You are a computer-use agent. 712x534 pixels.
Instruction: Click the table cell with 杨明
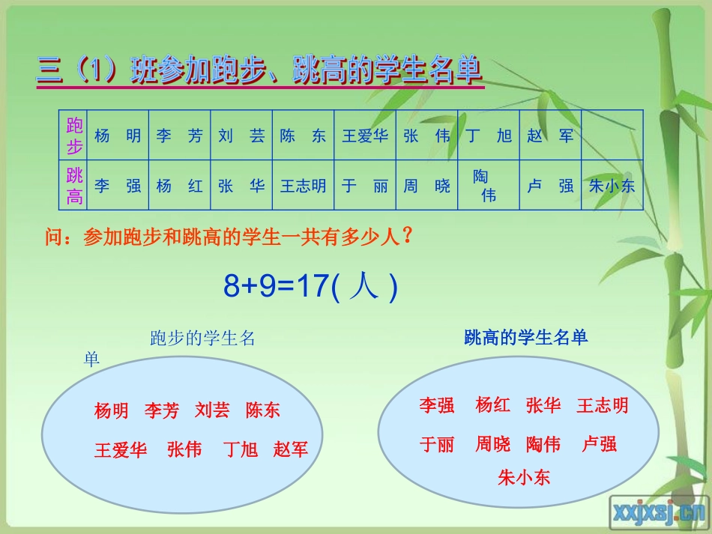118,136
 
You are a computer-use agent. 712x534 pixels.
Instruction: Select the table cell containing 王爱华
365,136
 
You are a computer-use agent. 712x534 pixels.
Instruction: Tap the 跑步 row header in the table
74,136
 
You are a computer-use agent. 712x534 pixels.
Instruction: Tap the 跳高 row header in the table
74,186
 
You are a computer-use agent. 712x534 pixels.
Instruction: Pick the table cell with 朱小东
612,186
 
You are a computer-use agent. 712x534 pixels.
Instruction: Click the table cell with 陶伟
488,186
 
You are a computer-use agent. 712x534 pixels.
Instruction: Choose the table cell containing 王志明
303,186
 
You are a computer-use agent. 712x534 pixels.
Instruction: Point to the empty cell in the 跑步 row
612,136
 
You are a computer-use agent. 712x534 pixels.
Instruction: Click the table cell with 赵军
550,136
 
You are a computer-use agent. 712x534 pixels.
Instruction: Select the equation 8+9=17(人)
310,286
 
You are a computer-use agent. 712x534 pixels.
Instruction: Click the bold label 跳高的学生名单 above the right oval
526,337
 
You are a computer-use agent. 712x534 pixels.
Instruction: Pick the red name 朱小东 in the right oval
524,476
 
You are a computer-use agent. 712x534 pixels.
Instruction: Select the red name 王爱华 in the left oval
121,450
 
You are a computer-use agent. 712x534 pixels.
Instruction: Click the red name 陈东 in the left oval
263,410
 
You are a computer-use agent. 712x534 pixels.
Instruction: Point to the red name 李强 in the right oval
437,406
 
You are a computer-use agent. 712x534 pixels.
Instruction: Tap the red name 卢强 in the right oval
600,444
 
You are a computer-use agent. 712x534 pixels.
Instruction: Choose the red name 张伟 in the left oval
184,449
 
